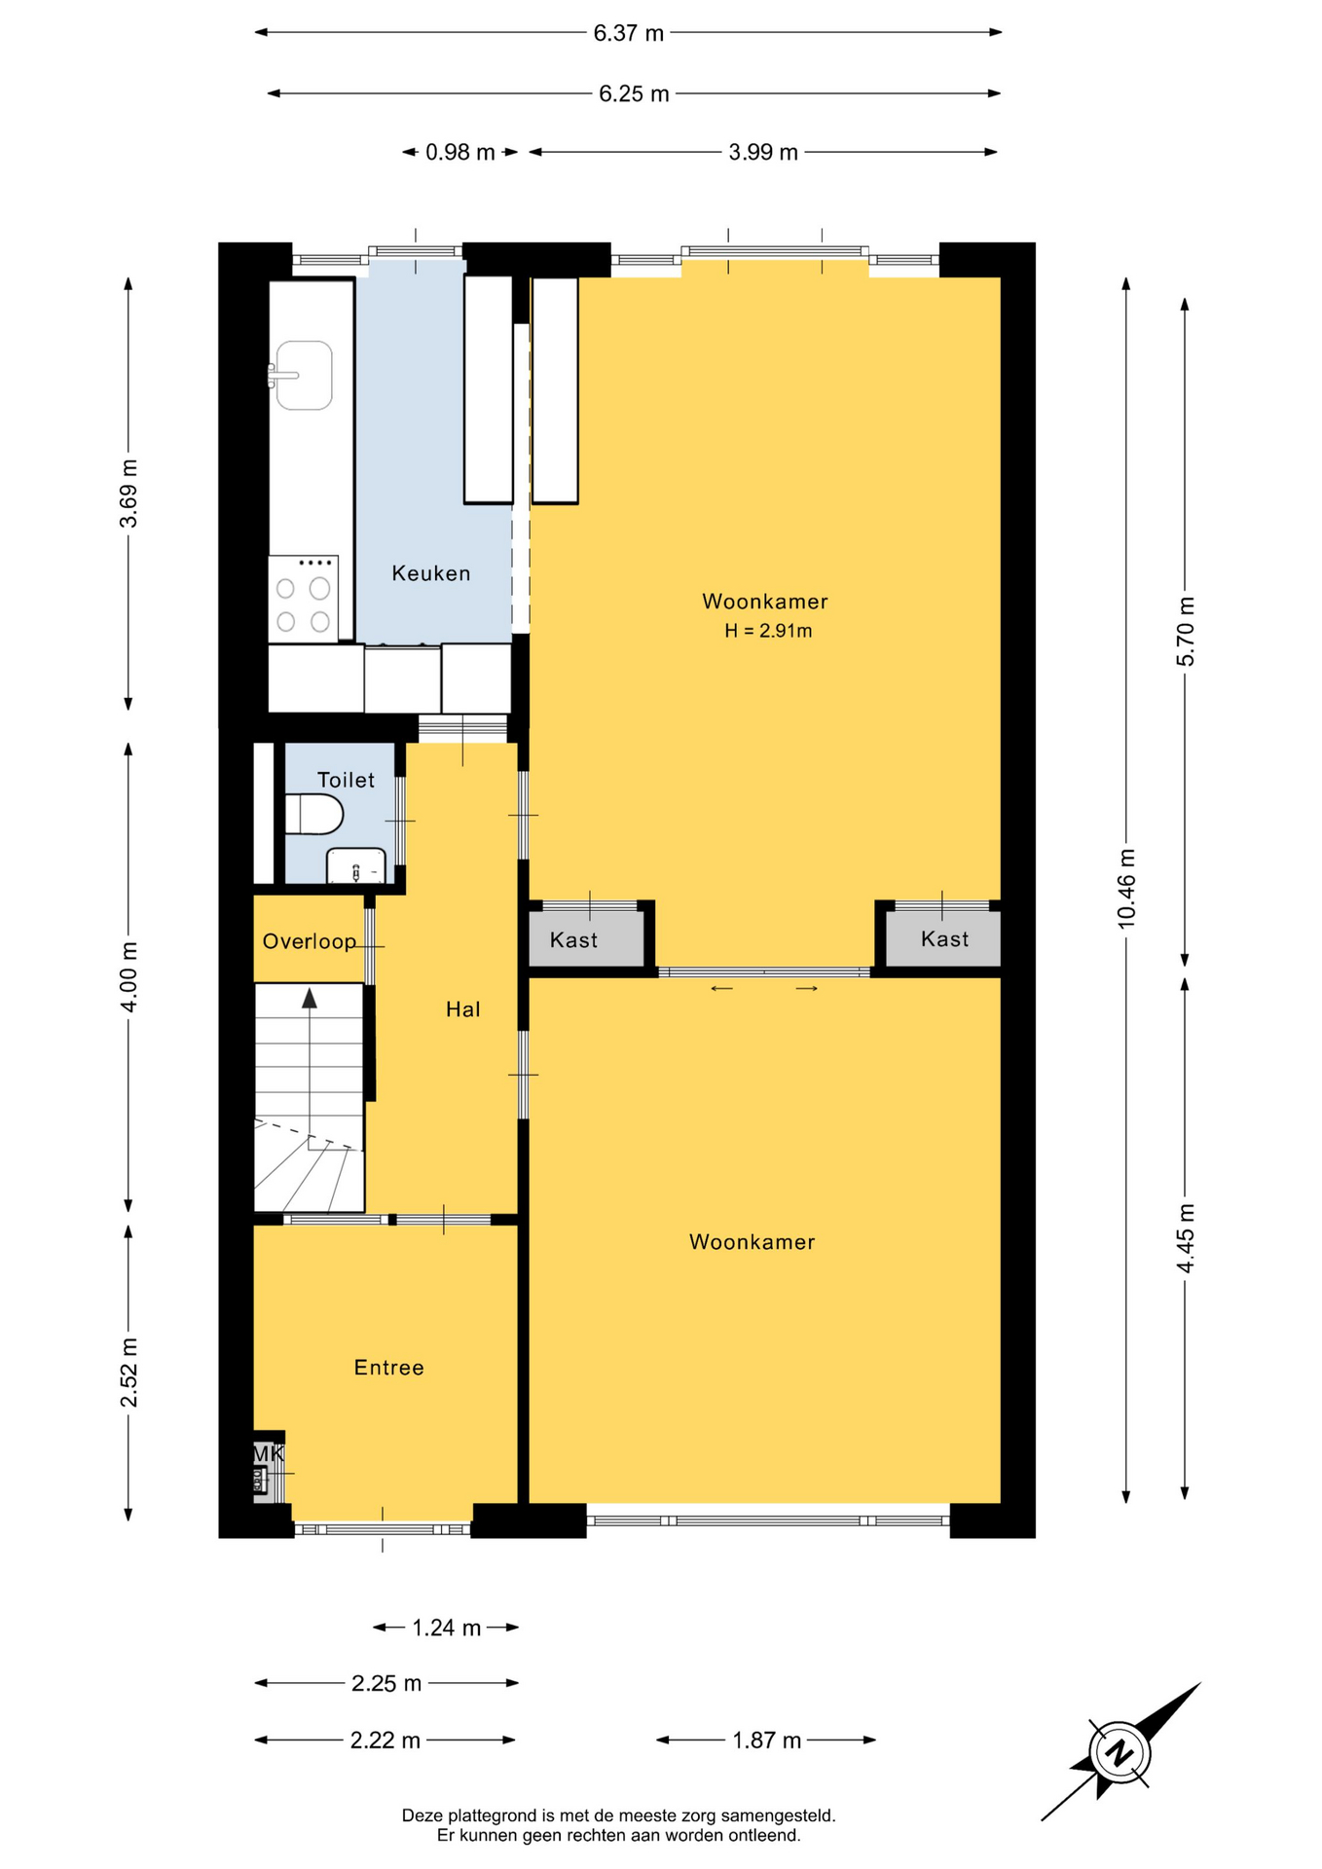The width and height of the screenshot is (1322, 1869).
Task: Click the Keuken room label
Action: (430, 573)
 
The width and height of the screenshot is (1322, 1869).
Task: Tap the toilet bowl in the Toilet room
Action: (314, 814)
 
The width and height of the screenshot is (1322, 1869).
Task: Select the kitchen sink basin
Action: (304, 375)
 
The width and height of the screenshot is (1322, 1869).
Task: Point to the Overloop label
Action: (310, 941)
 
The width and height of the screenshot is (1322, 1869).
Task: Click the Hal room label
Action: (463, 1009)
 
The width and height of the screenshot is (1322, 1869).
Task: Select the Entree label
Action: (389, 1368)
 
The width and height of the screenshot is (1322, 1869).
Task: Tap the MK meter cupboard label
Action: (268, 1453)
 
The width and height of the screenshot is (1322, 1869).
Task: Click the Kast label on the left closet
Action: (573, 939)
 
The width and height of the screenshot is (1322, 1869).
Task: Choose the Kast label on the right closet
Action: (944, 938)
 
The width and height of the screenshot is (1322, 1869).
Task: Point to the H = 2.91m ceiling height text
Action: (768, 631)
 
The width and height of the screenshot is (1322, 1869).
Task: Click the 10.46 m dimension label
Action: (1126, 888)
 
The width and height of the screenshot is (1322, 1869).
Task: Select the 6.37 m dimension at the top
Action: (629, 33)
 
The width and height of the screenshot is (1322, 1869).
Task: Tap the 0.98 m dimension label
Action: (460, 152)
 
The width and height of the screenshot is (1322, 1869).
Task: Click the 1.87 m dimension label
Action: (767, 1740)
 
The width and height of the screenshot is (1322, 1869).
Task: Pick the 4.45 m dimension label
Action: (1185, 1238)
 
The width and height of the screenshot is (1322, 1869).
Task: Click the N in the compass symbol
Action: (1120, 1752)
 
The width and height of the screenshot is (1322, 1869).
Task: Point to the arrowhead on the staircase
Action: (310, 998)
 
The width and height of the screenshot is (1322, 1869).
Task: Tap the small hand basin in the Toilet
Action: (356, 866)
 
